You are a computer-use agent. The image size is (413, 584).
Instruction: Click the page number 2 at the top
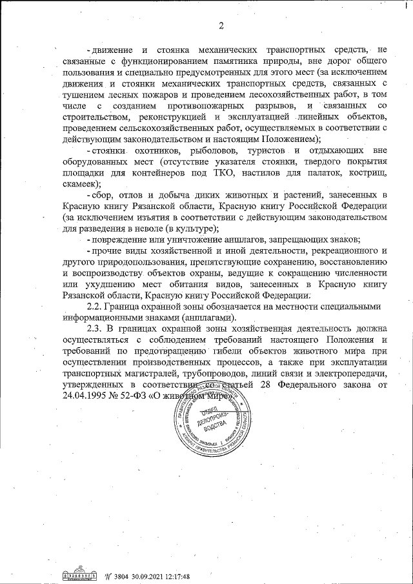click(x=219, y=26)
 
